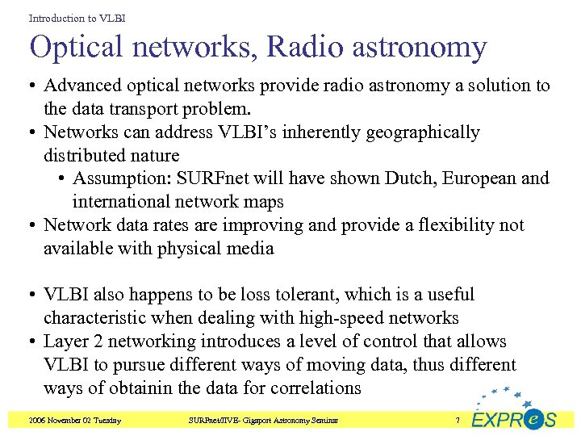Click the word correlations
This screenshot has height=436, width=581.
tap(311, 388)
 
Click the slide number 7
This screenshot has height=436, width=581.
tap(458, 421)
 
